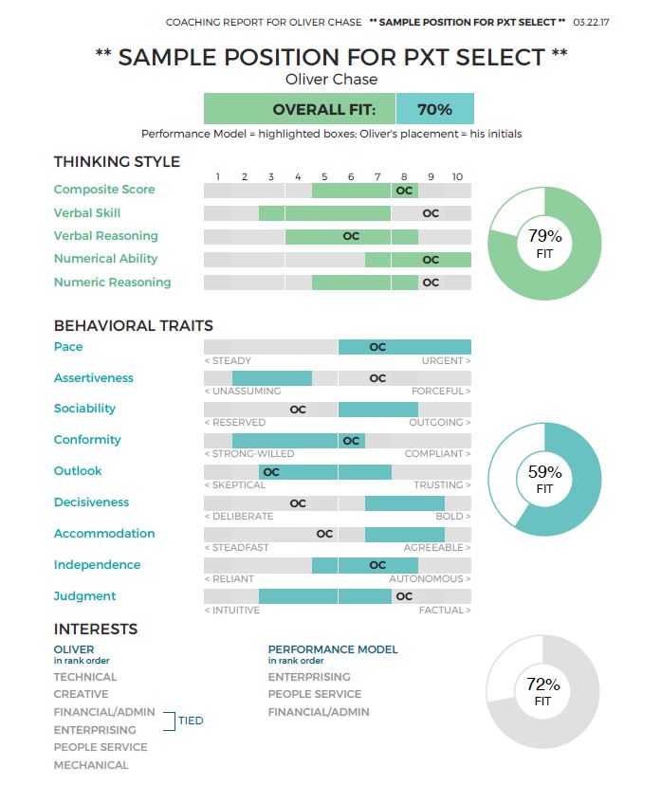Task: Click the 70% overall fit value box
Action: [434, 109]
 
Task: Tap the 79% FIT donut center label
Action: [544, 244]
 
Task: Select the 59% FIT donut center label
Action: [544, 479]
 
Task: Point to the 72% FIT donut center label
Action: [542, 691]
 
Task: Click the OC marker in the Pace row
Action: [377, 347]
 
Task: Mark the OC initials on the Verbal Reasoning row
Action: [351, 236]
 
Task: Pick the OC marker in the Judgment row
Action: [404, 596]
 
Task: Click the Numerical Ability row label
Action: [105, 259]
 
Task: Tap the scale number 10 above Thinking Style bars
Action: [457, 176]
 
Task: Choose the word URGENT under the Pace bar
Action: [446, 360]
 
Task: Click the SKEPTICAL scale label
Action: [235, 485]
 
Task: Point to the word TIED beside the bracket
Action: [191, 721]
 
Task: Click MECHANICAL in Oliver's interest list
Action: [91, 765]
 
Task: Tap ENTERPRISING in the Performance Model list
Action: [309, 677]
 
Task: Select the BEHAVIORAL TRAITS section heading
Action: [133, 325]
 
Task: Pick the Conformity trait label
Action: [87, 440]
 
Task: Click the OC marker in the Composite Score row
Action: [404, 190]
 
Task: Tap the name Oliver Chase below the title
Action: [331, 80]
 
